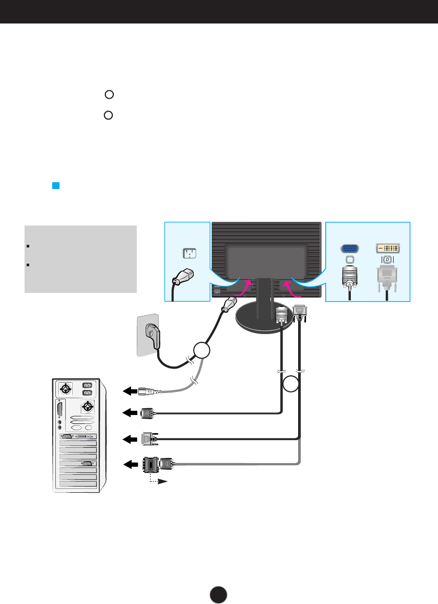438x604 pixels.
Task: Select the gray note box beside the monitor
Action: tap(80, 259)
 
